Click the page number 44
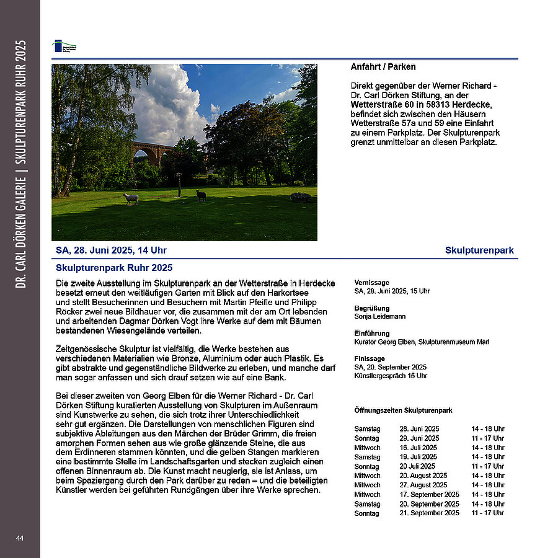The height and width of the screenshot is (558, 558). click(20, 538)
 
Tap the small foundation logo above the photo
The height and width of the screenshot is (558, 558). click(64, 46)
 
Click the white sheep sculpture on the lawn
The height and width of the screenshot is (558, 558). click(131, 198)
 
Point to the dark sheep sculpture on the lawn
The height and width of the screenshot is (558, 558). click(201, 195)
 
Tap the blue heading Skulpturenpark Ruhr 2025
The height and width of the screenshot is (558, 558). click(114, 268)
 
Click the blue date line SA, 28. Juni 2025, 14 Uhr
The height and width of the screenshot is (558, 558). click(111, 250)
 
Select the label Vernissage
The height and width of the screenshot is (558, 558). click(372, 282)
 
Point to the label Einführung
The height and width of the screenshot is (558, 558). click(372, 334)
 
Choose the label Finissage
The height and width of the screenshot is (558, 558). click(370, 358)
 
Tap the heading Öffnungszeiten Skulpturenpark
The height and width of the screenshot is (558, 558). click(403, 410)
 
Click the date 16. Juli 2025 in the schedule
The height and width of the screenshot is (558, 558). click(418, 448)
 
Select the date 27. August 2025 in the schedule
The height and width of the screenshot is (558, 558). click(423, 485)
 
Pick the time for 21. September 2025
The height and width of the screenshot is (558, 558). click(487, 513)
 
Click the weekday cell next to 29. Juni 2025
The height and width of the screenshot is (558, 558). click(366, 438)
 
